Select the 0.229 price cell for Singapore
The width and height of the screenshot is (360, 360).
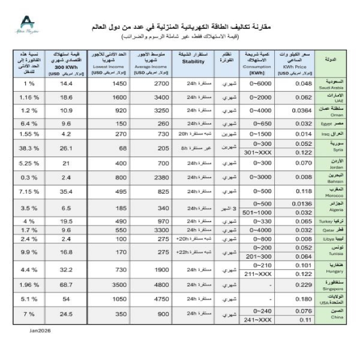[x=288, y=284]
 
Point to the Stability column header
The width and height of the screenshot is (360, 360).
[x=194, y=62]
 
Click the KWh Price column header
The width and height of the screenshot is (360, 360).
[x=297, y=62]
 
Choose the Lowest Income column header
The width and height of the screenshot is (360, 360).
[x=109, y=62]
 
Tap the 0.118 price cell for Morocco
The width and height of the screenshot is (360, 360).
[x=288, y=191]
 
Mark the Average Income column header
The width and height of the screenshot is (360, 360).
[x=151, y=62]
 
